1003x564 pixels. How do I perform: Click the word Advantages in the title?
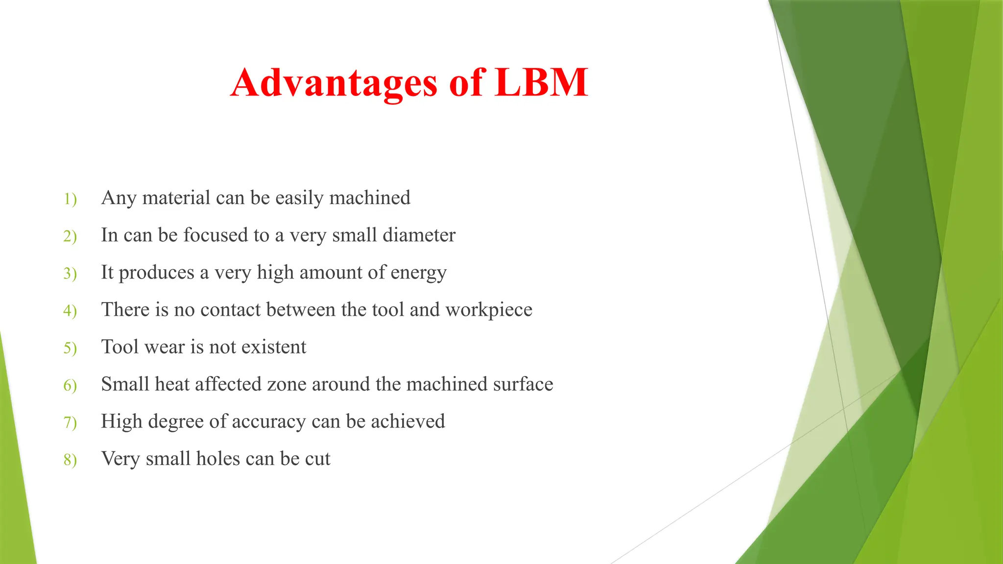coord(334,83)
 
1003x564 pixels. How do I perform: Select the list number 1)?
coord(70,199)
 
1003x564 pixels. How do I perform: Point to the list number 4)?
coord(70,311)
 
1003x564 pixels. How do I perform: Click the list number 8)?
coord(70,460)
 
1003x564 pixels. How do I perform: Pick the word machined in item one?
coord(370,198)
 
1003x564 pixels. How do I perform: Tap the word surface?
coord(523,384)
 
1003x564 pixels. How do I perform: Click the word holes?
coord(218,459)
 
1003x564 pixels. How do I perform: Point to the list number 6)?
coord(70,386)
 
